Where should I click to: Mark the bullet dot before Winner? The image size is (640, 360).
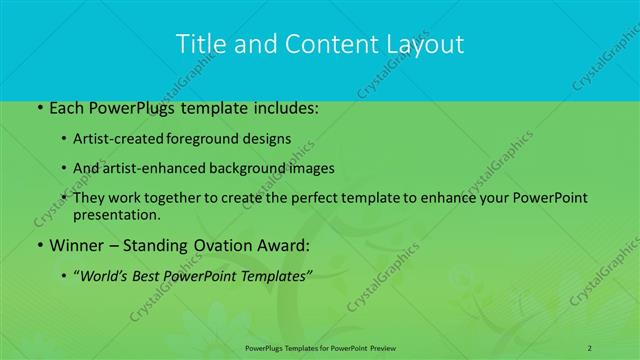[39, 245]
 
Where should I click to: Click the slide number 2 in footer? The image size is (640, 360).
[591, 346]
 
